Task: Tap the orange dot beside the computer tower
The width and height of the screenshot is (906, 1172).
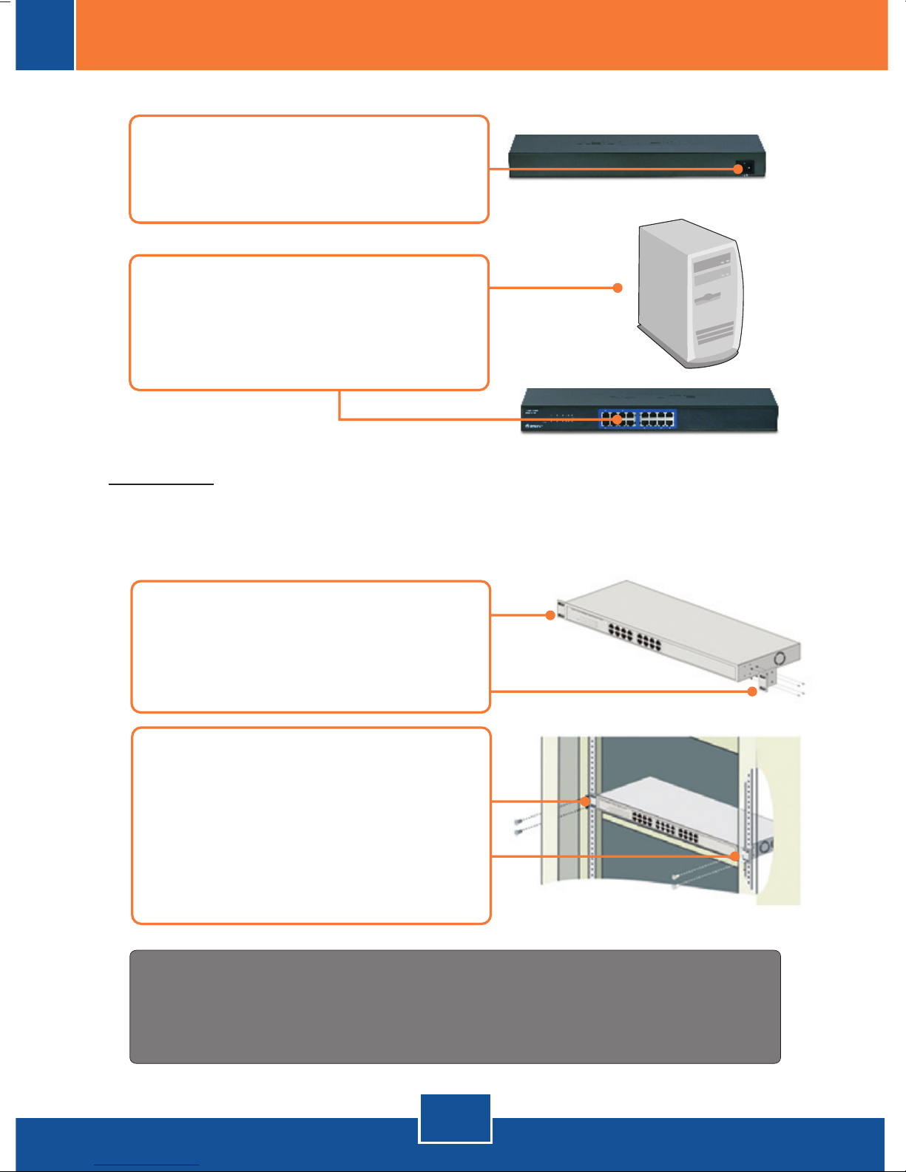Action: coord(618,288)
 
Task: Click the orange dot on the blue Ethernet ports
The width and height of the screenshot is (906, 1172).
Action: coord(617,419)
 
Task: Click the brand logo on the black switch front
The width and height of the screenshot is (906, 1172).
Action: coord(533,426)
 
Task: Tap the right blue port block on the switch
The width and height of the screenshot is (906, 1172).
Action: coord(657,419)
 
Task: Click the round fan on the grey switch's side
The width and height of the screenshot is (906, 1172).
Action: coord(779,657)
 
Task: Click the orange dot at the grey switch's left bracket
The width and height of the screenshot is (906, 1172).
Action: coord(550,615)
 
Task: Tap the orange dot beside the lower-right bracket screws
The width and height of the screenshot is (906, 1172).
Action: coord(752,691)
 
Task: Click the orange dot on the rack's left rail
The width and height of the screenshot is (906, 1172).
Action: coord(586,801)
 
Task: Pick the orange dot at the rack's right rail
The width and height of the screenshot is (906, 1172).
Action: coord(735,856)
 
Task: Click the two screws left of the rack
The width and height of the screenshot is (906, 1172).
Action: coord(520,826)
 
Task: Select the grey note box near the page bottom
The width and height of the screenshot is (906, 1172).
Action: coord(455,1006)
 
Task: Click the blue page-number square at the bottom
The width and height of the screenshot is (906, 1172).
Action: coord(455,1118)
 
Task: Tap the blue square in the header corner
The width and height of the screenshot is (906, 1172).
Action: coord(45,35)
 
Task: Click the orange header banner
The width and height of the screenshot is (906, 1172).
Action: coord(481,35)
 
